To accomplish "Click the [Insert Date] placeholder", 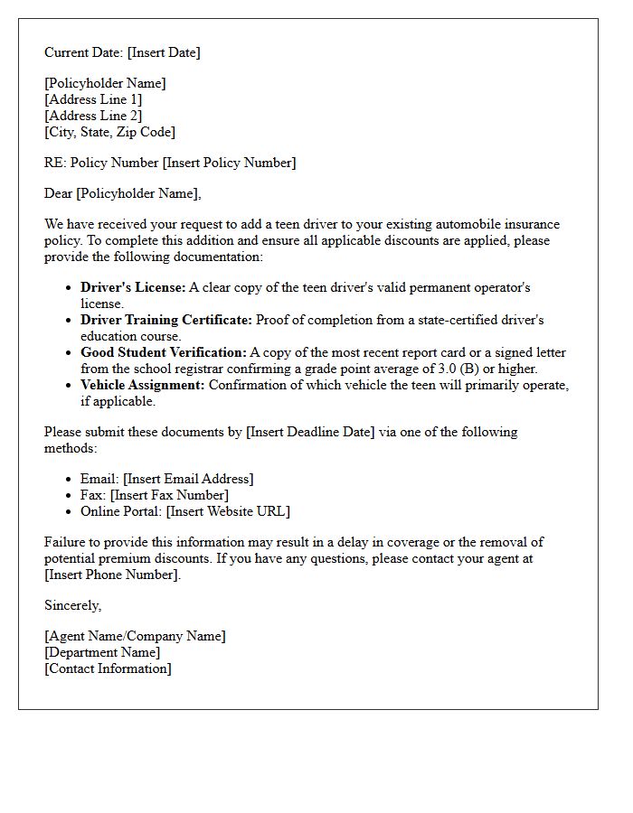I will pyautogui.click(x=164, y=52).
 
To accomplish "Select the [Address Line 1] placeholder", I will pyautogui.click(x=93, y=99).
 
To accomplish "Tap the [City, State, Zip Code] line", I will pyautogui.click(x=109, y=132).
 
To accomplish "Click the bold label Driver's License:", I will pyautogui.click(x=133, y=287).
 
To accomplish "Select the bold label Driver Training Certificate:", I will pyautogui.click(x=166, y=320).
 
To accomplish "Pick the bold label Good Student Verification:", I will pyautogui.click(x=163, y=352).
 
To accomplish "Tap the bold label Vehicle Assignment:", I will pyautogui.click(x=143, y=385).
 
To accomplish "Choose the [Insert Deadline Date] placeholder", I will pyautogui.click(x=310, y=432).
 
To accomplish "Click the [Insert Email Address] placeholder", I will pyautogui.click(x=188, y=479).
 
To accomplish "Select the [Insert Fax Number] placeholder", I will pyautogui.click(x=169, y=495).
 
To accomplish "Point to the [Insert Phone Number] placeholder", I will pyautogui.click(x=113, y=575).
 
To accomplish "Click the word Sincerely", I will pyautogui.click(x=72, y=605).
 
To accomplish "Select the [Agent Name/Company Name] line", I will pyautogui.click(x=135, y=636).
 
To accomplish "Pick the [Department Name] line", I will pyautogui.click(x=102, y=652).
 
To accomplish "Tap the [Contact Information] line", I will pyautogui.click(x=108, y=668).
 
